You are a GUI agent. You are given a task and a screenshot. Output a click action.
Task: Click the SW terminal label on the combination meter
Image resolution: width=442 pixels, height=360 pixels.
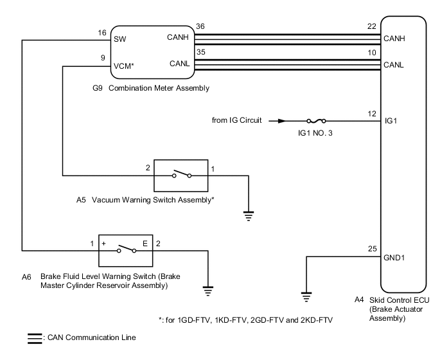coord(120,39)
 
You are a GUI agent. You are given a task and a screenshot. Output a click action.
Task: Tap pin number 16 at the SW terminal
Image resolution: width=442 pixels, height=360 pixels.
coord(102,32)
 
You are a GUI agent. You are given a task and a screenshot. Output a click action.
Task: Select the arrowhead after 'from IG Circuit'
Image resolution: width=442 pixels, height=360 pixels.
coord(275,120)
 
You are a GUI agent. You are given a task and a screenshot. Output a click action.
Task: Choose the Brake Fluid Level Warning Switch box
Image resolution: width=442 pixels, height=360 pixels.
coord(125,249)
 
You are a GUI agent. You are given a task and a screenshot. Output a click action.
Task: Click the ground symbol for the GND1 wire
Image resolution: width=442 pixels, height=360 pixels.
coord(306,296)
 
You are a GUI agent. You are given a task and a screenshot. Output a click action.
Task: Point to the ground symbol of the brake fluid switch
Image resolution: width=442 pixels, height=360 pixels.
coord(208,291)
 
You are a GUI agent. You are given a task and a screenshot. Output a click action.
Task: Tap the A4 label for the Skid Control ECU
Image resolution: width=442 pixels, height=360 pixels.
coord(359,300)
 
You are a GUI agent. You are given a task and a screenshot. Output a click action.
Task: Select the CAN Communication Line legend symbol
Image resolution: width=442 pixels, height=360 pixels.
coord(33,337)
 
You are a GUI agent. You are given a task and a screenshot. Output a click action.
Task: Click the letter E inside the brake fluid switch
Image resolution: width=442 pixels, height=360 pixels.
coord(145,244)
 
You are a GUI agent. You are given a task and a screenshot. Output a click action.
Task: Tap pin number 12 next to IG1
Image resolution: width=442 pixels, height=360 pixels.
coord(371,113)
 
